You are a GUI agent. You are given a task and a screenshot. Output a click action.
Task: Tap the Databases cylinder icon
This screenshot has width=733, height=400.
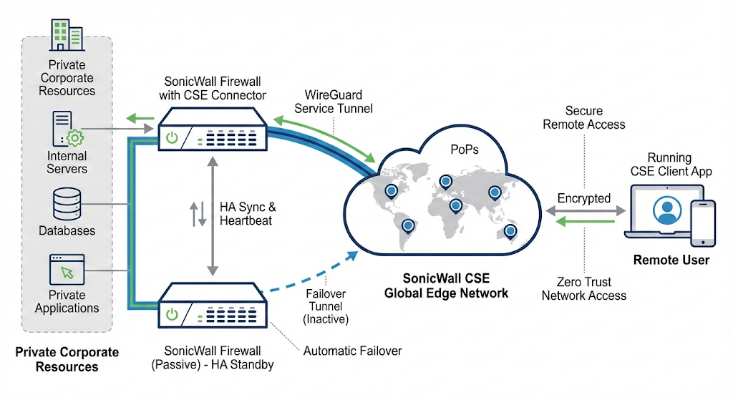tap(67, 204)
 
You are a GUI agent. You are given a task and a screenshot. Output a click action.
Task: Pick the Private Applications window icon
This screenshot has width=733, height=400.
tap(67, 270)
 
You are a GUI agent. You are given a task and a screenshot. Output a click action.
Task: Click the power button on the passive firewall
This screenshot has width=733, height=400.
tap(172, 313)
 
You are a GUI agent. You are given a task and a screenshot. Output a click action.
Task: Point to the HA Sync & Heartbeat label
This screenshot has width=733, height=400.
tap(247, 214)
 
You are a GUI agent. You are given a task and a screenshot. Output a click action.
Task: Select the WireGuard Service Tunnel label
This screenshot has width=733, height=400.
tap(334, 101)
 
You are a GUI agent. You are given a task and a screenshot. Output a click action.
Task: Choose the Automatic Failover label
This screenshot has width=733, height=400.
tap(352, 351)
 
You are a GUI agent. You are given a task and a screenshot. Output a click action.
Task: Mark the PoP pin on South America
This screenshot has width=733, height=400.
tap(408, 226)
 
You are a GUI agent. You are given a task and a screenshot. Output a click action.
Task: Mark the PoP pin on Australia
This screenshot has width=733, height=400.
tap(510, 230)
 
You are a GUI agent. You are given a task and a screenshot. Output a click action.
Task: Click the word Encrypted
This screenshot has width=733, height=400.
tap(583, 198)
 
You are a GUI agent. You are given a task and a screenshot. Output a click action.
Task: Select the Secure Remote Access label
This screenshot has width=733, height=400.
tap(583, 117)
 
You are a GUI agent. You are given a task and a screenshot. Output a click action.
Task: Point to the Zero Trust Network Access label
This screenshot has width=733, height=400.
tap(583, 288)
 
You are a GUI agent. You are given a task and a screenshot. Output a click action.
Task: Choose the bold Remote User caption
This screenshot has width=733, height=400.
tap(671, 260)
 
